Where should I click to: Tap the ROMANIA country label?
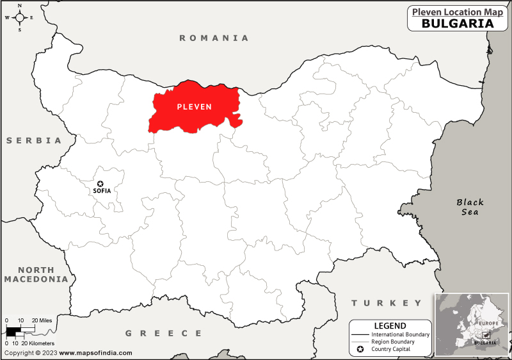click(x=214, y=38)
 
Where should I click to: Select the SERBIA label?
click(x=34, y=140)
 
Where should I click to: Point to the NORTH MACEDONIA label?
click(x=35, y=275)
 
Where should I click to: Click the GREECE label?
click(x=163, y=333)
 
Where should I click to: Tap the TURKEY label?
click(x=386, y=303)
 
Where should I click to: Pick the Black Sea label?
click(x=470, y=207)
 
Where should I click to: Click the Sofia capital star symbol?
click(x=100, y=183)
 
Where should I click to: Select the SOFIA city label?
click(x=102, y=191)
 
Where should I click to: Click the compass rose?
click(x=19, y=17)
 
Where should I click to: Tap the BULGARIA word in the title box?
click(x=457, y=24)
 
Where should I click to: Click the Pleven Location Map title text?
click(x=457, y=11)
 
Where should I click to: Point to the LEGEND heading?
click(x=390, y=325)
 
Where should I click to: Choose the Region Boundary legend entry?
click(x=392, y=341)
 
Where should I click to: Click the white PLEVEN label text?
click(x=194, y=106)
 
